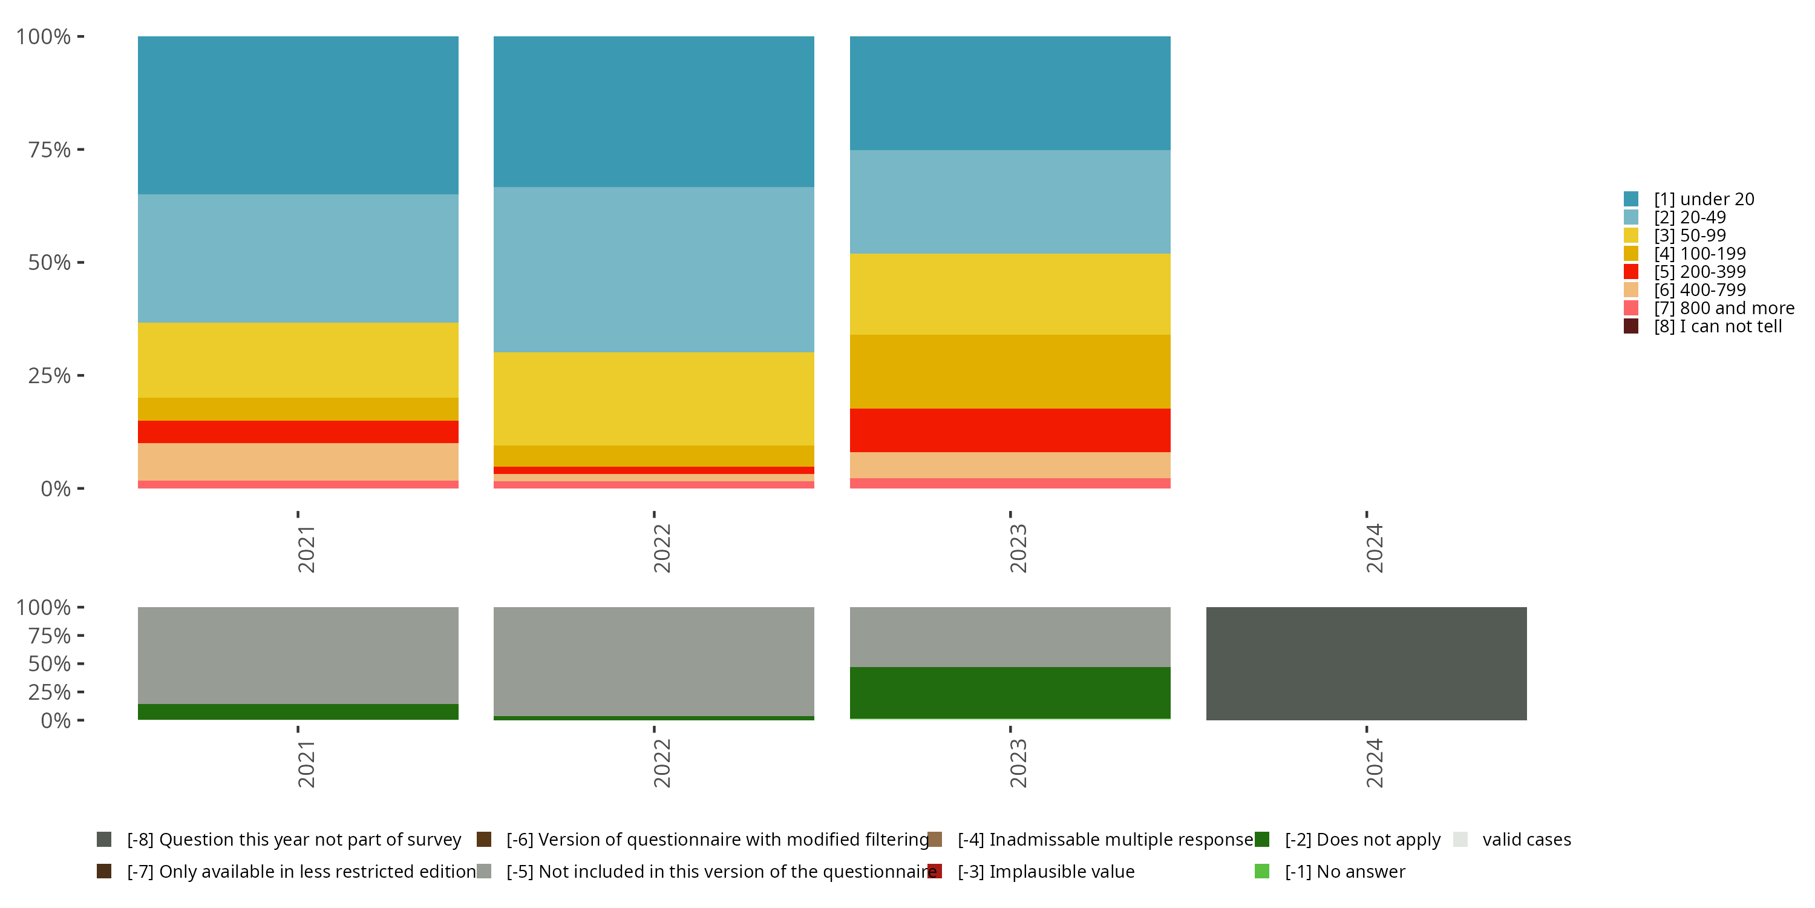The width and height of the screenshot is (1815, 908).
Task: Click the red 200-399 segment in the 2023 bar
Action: tap(1010, 430)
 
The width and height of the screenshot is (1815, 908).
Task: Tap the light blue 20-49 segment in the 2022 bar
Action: tap(653, 269)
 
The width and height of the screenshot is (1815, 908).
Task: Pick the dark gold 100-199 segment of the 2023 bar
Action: tap(1010, 372)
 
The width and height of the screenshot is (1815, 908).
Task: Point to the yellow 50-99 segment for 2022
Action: tap(653, 398)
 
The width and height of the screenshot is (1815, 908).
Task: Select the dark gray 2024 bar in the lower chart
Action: tap(1365, 663)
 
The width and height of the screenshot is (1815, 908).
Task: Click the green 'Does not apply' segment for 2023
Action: tap(1010, 693)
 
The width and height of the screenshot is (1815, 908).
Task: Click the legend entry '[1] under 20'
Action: tap(1703, 199)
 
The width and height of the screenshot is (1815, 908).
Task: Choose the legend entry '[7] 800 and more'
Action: tap(1724, 308)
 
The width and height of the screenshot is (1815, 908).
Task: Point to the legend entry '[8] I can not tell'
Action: tap(1717, 326)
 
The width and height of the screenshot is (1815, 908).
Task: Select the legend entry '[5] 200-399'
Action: tap(1699, 271)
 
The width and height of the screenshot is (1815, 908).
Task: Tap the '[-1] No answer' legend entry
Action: tap(1344, 871)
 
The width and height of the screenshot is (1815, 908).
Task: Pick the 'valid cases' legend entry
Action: tap(1526, 840)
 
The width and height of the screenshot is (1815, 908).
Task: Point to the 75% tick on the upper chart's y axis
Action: tap(50, 150)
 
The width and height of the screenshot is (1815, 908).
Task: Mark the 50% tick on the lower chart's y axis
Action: tap(50, 663)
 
